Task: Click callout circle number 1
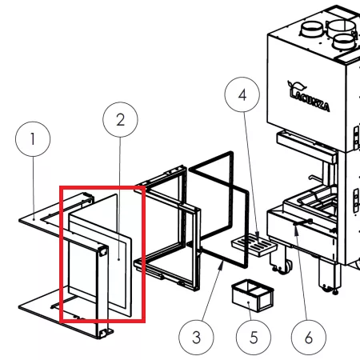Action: (x=33, y=139)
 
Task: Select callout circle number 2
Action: (x=120, y=120)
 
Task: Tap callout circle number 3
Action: (x=196, y=338)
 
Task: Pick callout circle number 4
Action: (x=242, y=94)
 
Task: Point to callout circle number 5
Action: (x=254, y=338)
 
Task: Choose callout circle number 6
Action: (x=309, y=338)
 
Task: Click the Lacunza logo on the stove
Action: (x=308, y=96)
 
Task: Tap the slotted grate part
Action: (x=254, y=245)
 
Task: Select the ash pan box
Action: (x=253, y=295)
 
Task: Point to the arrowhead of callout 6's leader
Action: (x=295, y=229)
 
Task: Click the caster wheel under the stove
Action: (x=284, y=266)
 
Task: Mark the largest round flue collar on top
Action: (x=342, y=29)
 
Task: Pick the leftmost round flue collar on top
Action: (x=312, y=30)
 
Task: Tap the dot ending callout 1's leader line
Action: (x=34, y=219)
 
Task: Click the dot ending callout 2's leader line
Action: (x=118, y=259)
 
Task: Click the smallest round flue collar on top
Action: (x=344, y=42)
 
